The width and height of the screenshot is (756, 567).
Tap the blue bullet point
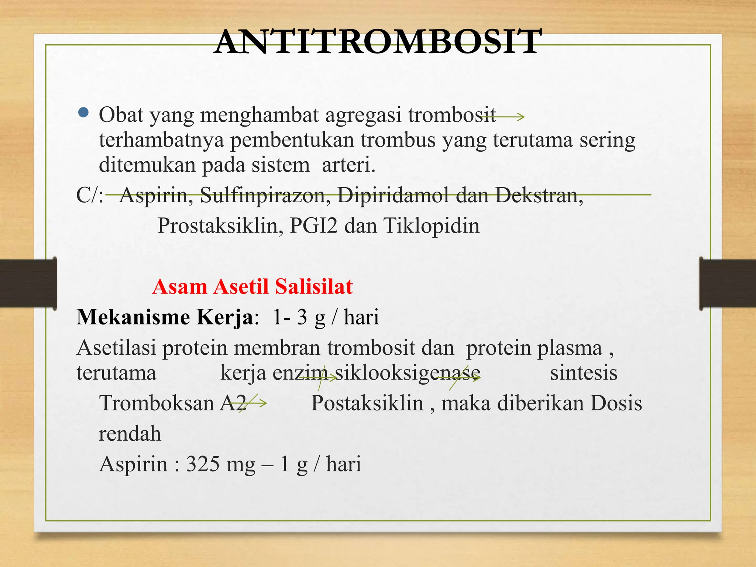84,113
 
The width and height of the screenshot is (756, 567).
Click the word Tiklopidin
432,226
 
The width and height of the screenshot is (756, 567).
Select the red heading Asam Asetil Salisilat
252,286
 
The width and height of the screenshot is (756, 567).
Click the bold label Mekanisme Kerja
165,317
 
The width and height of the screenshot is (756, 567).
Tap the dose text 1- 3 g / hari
326,317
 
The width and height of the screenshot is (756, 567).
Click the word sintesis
584,373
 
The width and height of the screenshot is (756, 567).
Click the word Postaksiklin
367,403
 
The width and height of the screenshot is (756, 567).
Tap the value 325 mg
220,464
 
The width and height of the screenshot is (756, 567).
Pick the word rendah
130,434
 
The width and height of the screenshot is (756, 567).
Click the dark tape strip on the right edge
727,283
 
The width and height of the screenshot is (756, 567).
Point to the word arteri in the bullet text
348,165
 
